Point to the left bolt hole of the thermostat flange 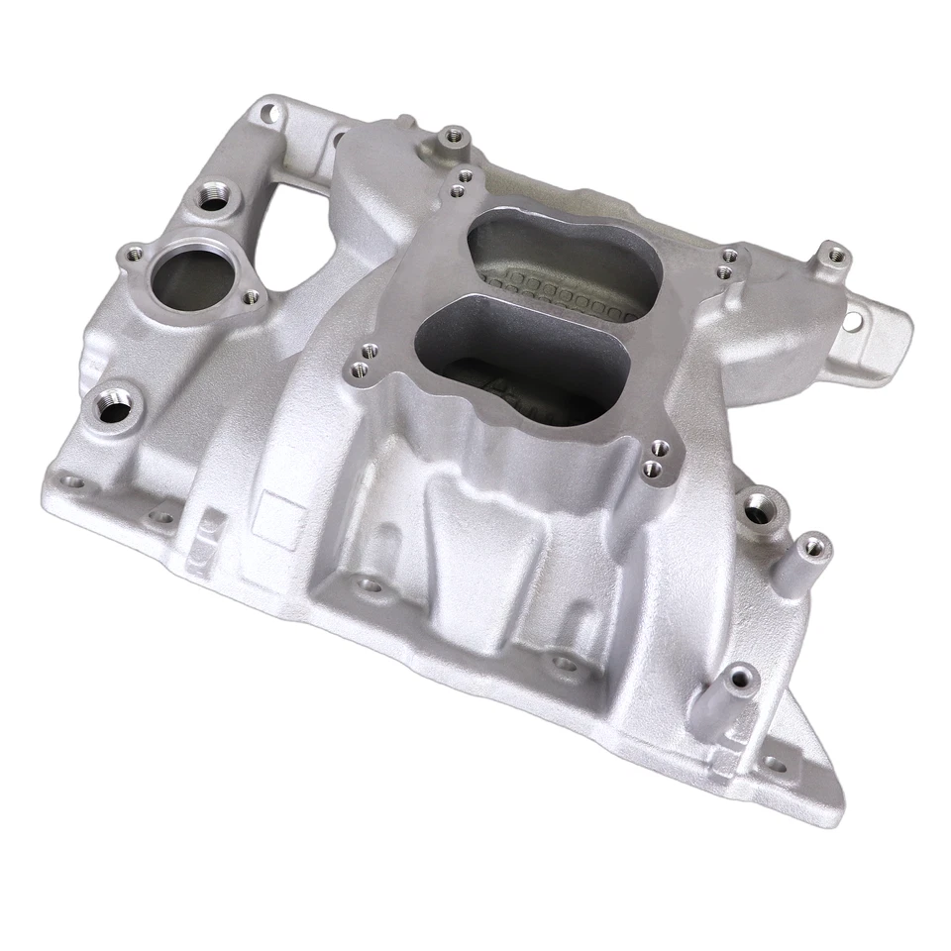(x=131, y=257)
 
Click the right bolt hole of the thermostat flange (x=251, y=294)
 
